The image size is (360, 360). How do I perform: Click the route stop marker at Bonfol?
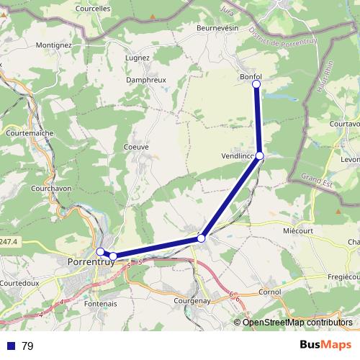(256, 84)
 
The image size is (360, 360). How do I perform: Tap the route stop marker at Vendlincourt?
(259, 156)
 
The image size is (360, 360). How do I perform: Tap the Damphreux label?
(147, 80)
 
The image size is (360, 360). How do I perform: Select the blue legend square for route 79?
(11, 346)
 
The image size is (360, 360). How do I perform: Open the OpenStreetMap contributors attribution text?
(298, 323)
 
